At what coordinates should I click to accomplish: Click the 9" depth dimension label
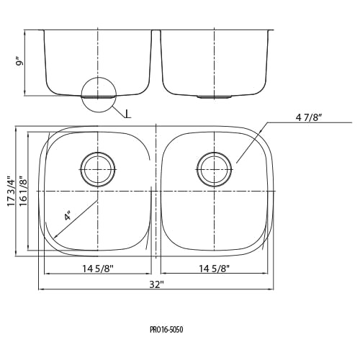click(x=21, y=62)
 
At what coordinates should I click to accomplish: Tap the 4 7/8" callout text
click(x=309, y=117)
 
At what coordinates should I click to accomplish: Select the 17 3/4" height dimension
click(x=11, y=192)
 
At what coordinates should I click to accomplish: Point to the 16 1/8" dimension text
click(x=23, y=192)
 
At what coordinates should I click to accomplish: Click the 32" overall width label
click(x=156, y=284)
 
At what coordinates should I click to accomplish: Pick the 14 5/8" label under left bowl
click(x=98, y=269)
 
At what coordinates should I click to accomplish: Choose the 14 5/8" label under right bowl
click(x=215, y=269)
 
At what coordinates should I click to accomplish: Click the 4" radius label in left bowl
click(x=68, y=215)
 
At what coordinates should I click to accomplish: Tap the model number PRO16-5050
click(x=166, y=330)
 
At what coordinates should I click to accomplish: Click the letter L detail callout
click(x=128, y=114)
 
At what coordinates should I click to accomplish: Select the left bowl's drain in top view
click(x=98, y=169)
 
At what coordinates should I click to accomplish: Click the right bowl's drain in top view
click(x=215, y=169)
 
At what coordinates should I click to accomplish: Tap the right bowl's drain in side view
click(x=214, y=96)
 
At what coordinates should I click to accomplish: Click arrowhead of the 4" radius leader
click(x=55, y=238)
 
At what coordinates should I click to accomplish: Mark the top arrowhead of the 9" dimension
click(x=25, y=32)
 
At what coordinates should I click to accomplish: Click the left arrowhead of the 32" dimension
click(x=40, y=289)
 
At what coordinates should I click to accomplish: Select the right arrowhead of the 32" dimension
click(x=272, y=289)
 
